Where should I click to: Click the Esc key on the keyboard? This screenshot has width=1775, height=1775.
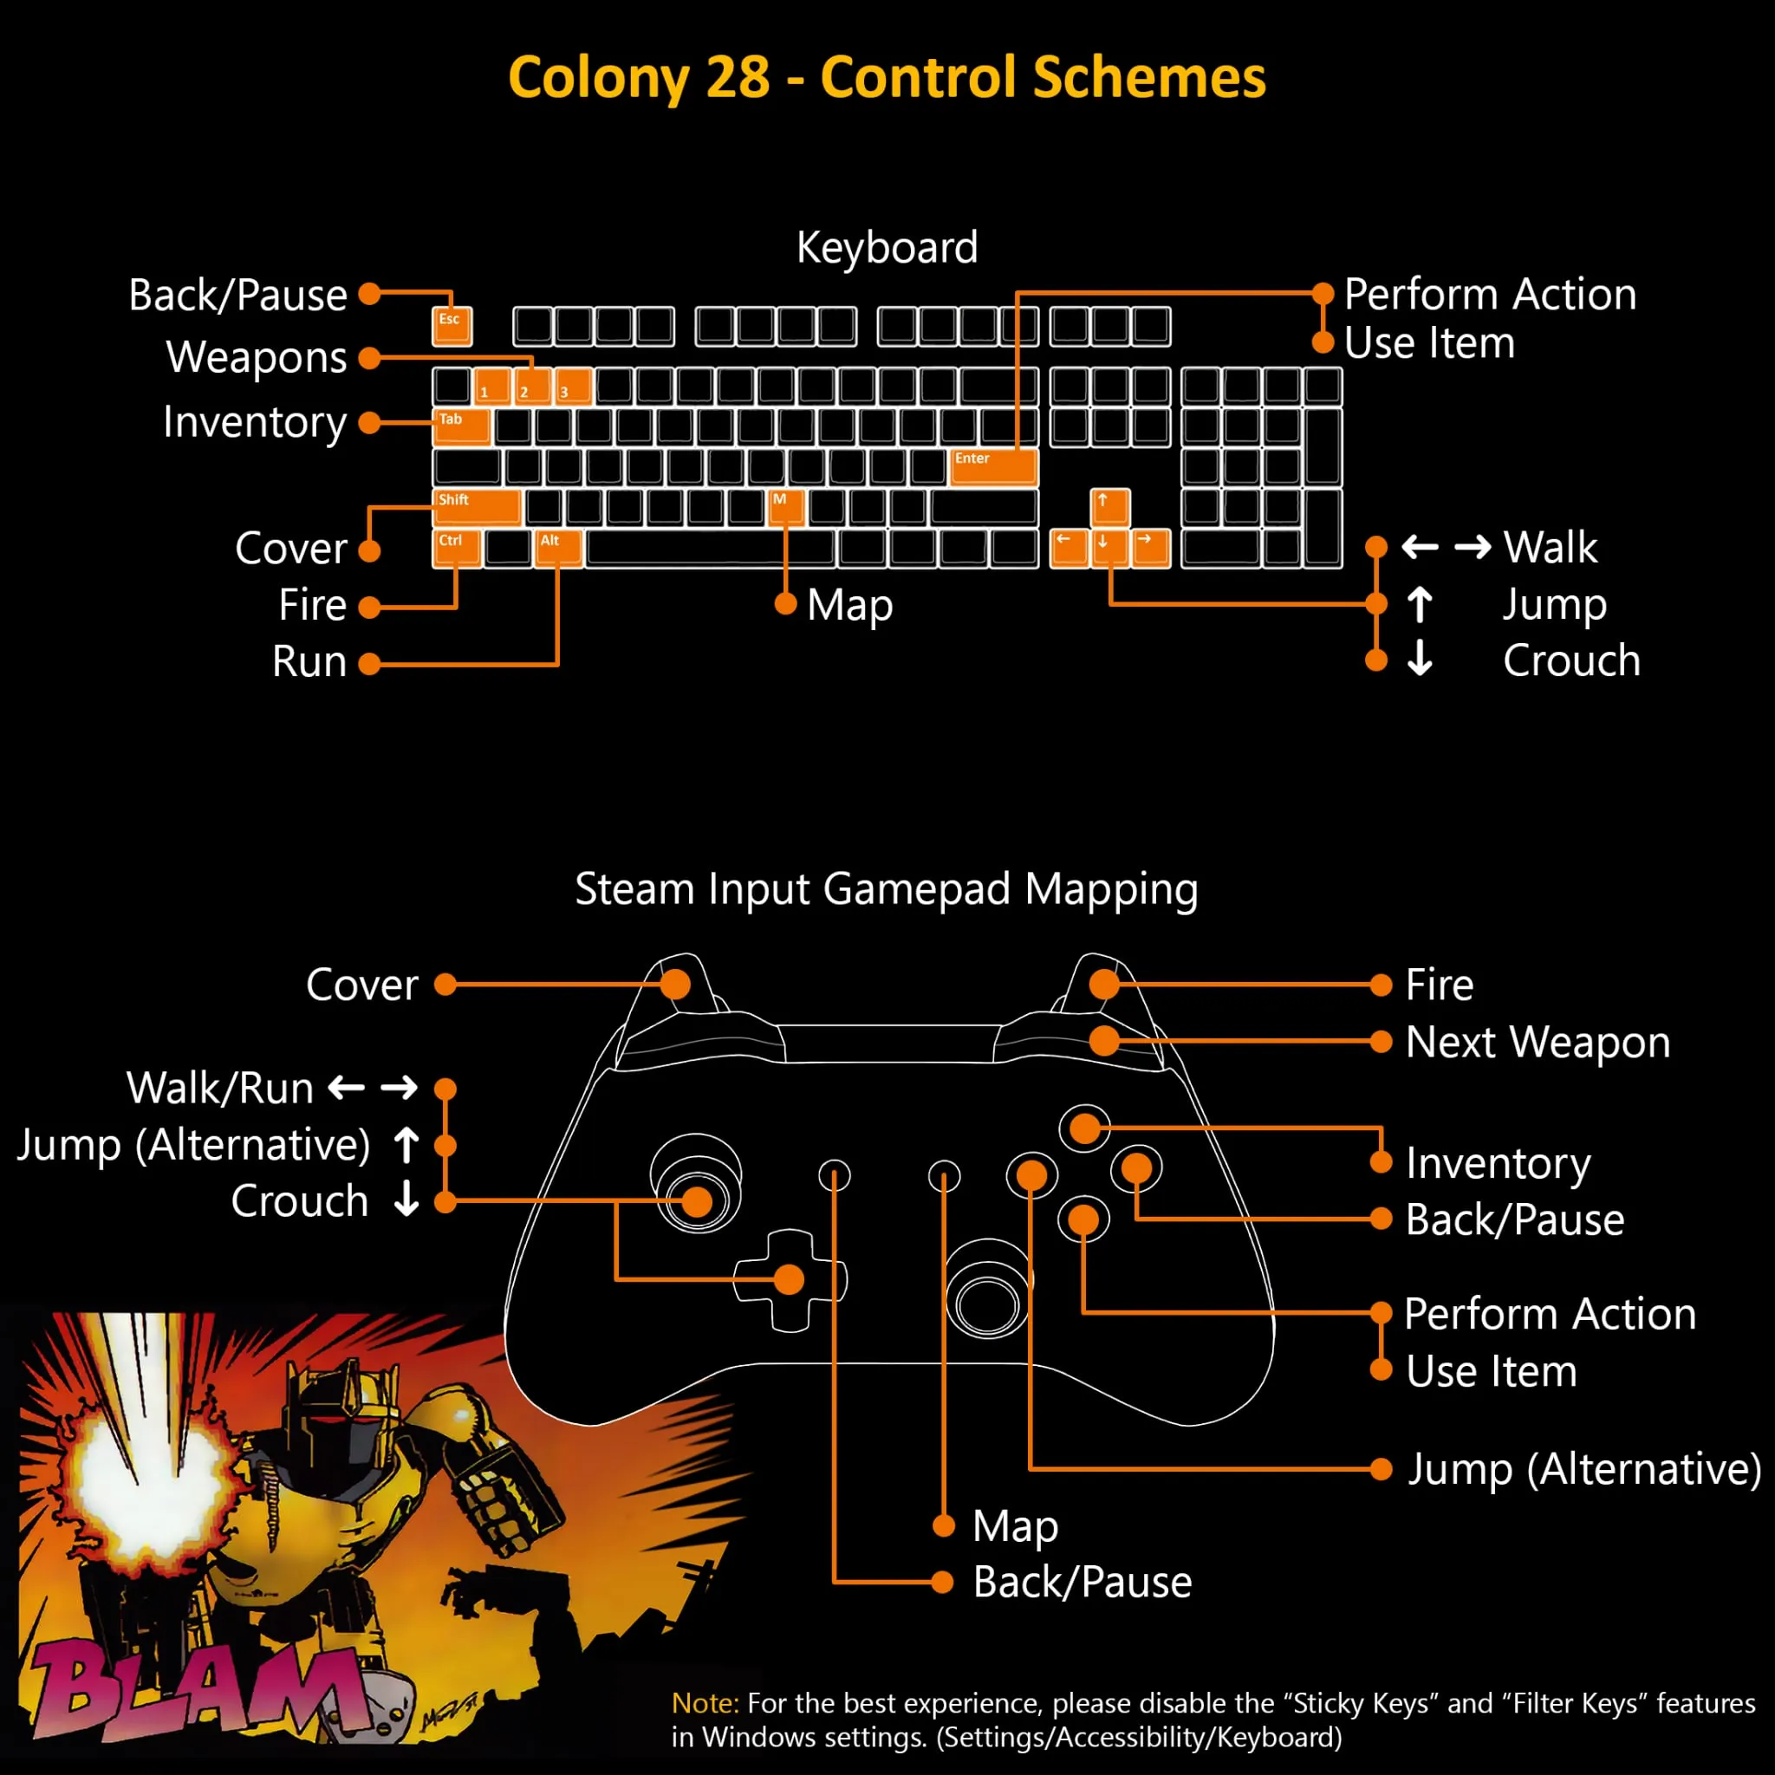(452, 326)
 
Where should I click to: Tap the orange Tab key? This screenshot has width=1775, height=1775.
(461, 427)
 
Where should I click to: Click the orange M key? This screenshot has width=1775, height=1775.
(785, 507)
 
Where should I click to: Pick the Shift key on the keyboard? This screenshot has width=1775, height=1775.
(477, 507)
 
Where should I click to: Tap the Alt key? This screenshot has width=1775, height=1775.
(557, 549)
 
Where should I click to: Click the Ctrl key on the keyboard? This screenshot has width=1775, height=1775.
(457, 549)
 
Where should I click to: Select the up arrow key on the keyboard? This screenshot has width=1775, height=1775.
(1110, 507)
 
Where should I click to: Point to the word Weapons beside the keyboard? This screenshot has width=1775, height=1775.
(257, 358)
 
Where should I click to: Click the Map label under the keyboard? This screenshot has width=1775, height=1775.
(850, 607)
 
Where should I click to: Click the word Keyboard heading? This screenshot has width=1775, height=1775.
(887, 248)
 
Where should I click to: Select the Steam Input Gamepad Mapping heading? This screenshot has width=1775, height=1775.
(887, 889)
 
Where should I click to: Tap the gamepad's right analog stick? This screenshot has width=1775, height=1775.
(989, 1290)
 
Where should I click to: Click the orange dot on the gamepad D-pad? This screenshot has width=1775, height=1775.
(789, 1279)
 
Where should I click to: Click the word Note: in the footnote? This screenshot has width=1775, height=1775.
(705, 1703)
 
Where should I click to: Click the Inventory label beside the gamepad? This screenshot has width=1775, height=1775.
(1499, 1164)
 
